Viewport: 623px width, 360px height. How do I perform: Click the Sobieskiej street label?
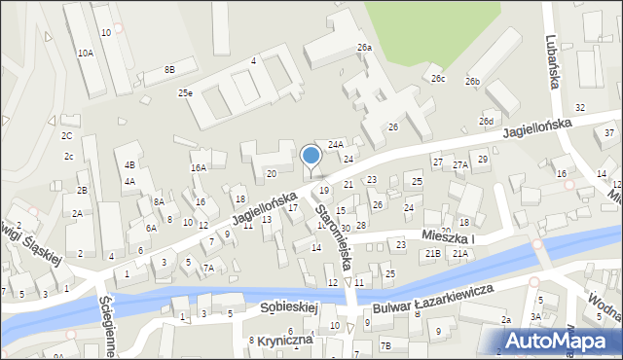point(290,307)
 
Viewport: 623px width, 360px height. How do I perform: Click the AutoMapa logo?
point(560,340)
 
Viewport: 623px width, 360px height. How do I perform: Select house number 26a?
point(364,48)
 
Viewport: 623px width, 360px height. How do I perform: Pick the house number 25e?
point(185,93)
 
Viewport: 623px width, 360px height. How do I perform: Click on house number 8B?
point(169,69)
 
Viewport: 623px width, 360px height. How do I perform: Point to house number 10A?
point(86,54)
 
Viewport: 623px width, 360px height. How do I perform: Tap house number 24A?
point(336,144)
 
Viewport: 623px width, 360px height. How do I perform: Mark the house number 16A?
point(199,167)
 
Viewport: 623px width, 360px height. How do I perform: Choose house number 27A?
point(460,165)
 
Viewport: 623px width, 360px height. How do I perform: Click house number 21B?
point(433,254)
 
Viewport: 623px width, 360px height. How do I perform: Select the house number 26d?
point(486,121)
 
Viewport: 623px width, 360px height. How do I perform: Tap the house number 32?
point(580,107)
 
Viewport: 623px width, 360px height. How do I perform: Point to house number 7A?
point(208,268)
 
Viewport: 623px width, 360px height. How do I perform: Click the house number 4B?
point(129,165)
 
